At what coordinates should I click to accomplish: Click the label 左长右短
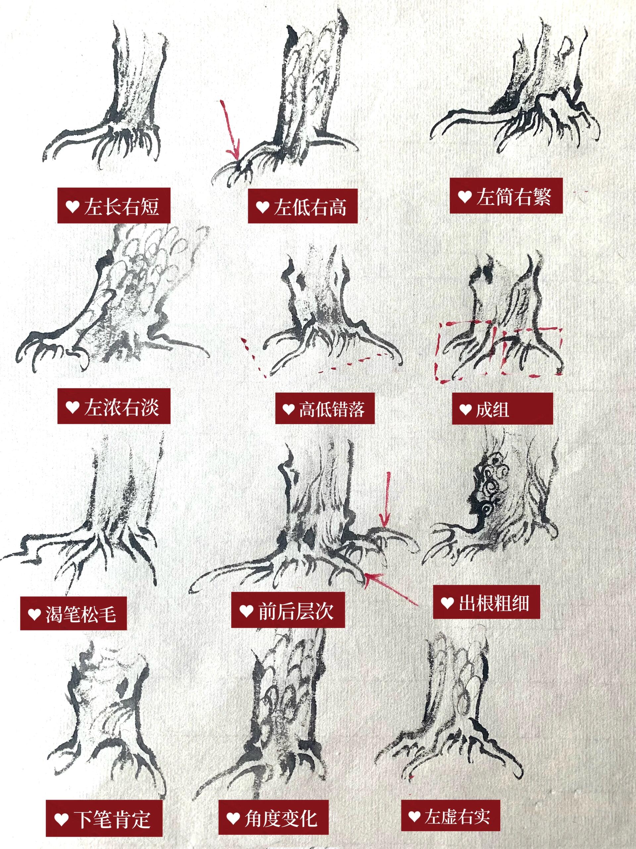(x=114, y=206)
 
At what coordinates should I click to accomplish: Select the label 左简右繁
(x=506, y=196)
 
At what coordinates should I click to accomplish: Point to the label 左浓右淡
(x=114, y=406)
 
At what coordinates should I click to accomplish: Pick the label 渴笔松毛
(x=73, y=613)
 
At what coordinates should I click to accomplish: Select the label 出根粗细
(x=487, y=602)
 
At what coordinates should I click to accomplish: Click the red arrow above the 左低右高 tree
(x=231, y=130)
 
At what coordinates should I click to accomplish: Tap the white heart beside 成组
(x=465, y=409)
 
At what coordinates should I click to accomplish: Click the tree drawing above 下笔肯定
(x=109, y=710)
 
